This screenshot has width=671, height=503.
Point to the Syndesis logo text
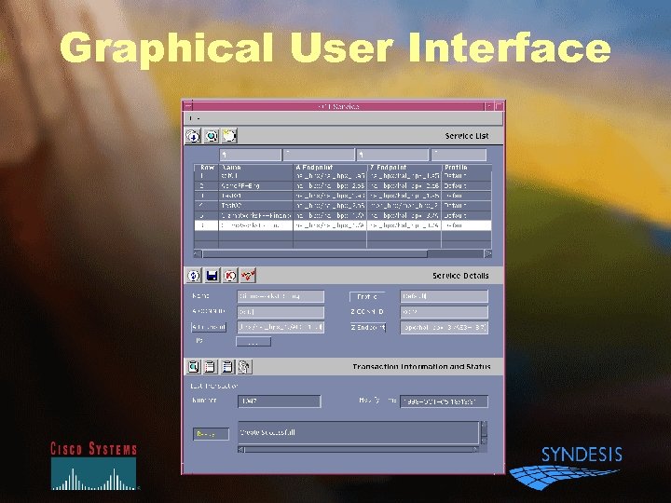(x=582, y=455)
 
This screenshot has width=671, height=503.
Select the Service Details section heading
(x=460, y=276)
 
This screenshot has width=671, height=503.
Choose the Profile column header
(x=456, y=168)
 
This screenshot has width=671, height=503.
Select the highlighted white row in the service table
(x=345, y=224)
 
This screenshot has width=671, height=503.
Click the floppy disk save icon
(x=212, y=276)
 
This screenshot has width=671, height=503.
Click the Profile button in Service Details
(x=367, y=296)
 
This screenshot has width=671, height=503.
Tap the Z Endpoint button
(x=367, y=328)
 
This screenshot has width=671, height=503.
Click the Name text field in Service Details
(x=281, y=296)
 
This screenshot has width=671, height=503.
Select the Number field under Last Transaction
(x=279, y=401)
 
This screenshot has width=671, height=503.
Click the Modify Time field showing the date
(x=444, y=401)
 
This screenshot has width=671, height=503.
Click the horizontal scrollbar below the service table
(x=312, y=253)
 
